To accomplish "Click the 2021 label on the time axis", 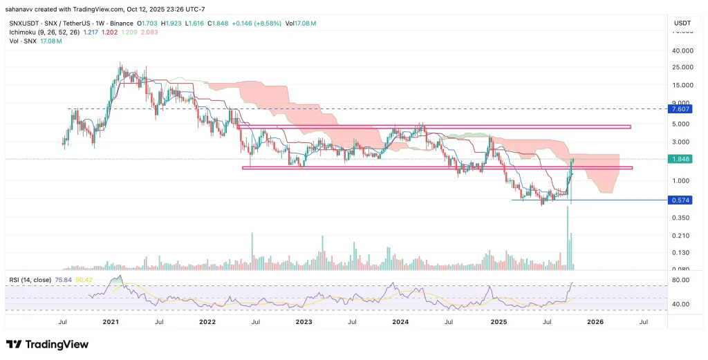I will click(111, 321).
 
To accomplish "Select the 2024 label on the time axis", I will click(400, 321).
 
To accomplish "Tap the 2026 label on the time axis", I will click(595, 321).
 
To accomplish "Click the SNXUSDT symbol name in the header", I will click(23, 23).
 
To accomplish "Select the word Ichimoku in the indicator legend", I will click(24, 32).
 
